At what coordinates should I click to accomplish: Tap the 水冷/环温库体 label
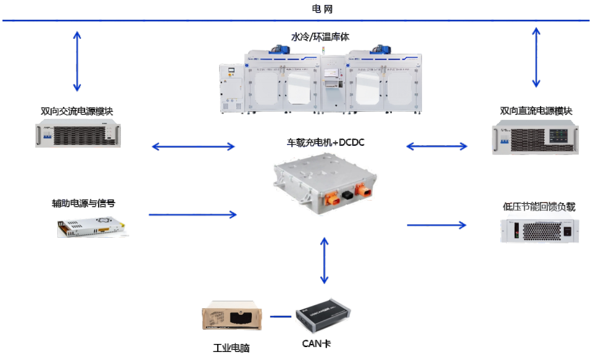click(316, 36)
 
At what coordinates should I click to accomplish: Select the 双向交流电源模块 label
click(77, 112)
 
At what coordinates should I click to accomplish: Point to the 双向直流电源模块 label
click(536, 111)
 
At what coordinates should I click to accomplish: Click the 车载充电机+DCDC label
click(326, 143)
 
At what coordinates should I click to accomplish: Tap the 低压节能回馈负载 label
click(539, 206)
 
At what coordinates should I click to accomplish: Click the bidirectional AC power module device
click(78, 135)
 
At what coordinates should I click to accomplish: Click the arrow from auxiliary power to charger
click(193, 215)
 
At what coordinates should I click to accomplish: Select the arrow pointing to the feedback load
click(436, 225)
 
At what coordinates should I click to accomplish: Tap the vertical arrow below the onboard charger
click(323, 261)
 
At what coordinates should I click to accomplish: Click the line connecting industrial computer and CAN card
click(280, 317)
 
